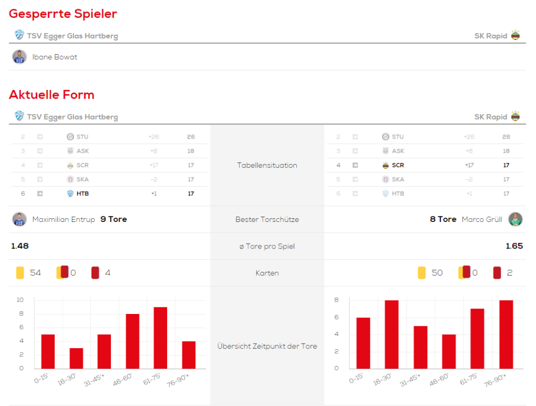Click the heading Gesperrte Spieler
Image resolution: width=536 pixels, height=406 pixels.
pyautogui.click(x=63, y=14)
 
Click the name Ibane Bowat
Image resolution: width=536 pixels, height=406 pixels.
pyautogui.click(x=55, y=57)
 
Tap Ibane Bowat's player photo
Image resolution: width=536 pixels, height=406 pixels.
pyautogui.click(x=19, y=57)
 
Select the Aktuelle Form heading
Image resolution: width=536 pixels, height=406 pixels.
pyautogui.click(x=51, y=95)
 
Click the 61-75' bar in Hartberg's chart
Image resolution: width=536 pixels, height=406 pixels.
pyautogui.click(x=161, y=338)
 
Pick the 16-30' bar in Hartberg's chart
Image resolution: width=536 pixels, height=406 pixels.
pyautogui.click(x=76, y=358)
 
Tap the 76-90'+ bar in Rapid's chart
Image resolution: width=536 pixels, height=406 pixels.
pyautogui.click(x=506, y=334)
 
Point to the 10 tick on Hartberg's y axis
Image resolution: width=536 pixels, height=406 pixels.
pyautogui.click(x=20, y=299)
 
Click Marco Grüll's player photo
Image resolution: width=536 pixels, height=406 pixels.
pyautogui.click(x=515, y=219)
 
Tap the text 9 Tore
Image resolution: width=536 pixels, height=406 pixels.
pyautogui.click(x=114, y=219)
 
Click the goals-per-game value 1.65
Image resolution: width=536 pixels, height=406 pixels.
pyautogui.click(x=514, y=246)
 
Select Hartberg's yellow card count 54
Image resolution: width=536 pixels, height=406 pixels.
pyautogui.click(x=35, y=273)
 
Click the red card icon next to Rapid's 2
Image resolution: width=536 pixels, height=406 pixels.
pyautogui.click(x=497, y=273)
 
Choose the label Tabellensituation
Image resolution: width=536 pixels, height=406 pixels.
pyautogui.click(x=267, y=165)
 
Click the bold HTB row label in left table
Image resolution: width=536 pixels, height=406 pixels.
pyautogui.click(x=82, y=193)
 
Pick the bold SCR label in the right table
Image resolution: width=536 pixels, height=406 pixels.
pyautogui.click(x=398, y=165)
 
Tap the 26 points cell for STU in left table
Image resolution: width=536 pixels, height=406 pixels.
pyautogui.click(x=191, y=137)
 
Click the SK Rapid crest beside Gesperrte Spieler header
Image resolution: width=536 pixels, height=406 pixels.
pyautogui.click(x=515, y=36)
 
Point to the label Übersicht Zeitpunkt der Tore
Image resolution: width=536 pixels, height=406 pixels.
pyautogui.click(x=267, y=346)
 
